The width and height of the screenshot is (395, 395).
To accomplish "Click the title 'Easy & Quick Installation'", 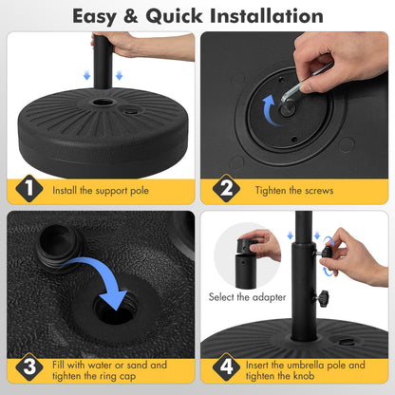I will [x=197, y=16].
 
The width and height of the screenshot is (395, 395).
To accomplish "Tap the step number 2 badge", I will [x=224, y=190].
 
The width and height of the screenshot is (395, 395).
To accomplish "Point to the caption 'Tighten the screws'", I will [x=293, y=190].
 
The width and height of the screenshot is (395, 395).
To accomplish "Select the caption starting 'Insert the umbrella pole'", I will [x=304, y=370].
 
